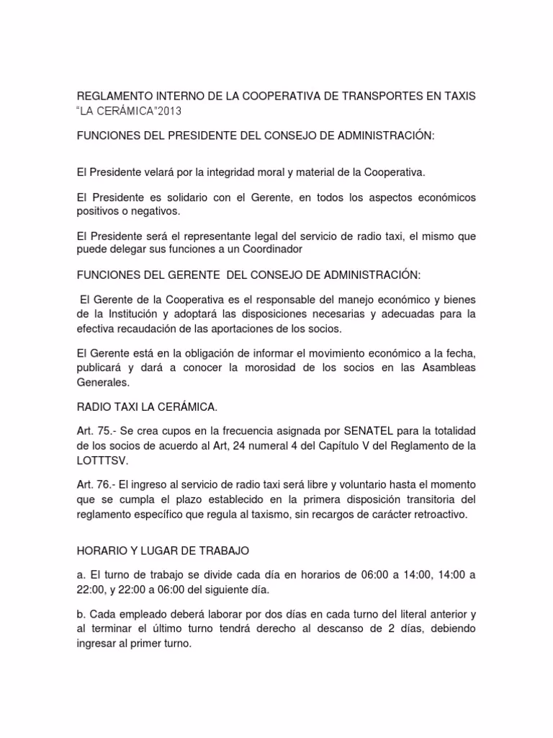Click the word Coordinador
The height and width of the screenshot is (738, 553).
[x=271, y=249]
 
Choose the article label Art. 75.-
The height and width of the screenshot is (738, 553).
[x=96, y=431]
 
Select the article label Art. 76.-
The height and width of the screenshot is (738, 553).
[x=96, y=483]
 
